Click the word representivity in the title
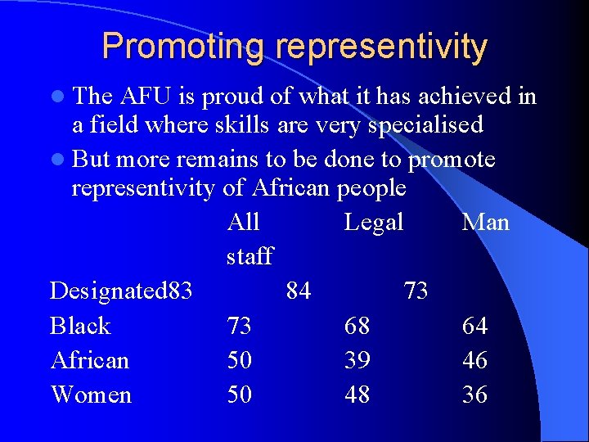coord(382,47)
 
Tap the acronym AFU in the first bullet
coord(150,97)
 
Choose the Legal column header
coord(374,222)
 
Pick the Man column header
coord(485,222)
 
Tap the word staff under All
coord(250,256)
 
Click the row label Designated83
coord(121,291)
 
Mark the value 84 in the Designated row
coord(299,291)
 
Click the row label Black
coord(80,326)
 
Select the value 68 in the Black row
coord(357,326)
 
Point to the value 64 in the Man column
coord(474,326)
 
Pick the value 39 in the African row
coord(357,360)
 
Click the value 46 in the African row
coord(474,360)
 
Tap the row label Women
coord(91,395)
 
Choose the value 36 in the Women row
coord(474,395)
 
